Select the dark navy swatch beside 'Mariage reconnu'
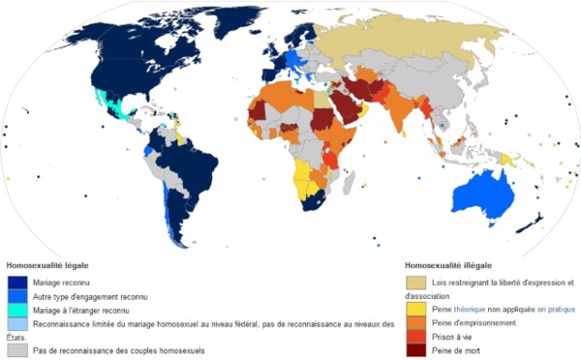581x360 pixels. click(x=16, y=282)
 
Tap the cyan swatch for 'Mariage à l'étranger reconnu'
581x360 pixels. click(x=16, y=309)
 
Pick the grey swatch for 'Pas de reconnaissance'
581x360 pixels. click(x=16, y=348)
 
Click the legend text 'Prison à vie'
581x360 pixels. click(x=456, y=336)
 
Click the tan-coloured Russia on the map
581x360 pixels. click(x=416, y=44)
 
